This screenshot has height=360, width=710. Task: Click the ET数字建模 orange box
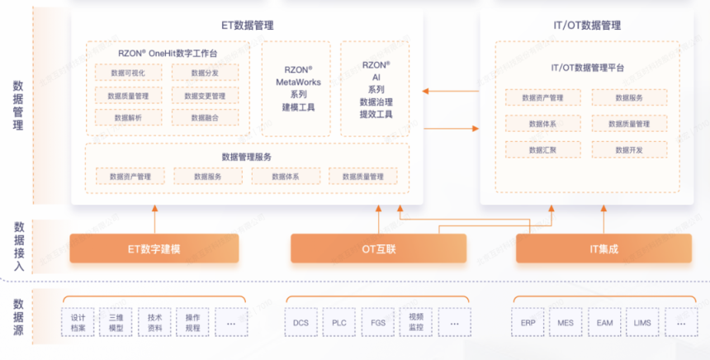tap(154, 249)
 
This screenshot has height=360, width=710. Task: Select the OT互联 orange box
tap(378, 249)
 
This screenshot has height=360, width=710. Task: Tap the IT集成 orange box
tap(602, 249)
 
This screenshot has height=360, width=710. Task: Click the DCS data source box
tap(300, 322)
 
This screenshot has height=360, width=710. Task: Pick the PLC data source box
tap(338, 322)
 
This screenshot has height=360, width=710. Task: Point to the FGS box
tap(377, 322)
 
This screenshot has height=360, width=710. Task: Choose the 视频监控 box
tap(415, 322)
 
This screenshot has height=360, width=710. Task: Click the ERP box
tap(528, 322)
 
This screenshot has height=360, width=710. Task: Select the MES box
tap(566, 322)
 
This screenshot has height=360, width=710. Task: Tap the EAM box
tap(603, 322)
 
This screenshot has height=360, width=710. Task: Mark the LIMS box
tap(642, 322)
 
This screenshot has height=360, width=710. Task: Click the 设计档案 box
tap(78, 322)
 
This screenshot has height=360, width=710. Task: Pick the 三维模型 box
tap(116, 322)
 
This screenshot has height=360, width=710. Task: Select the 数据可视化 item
tap(129, 73)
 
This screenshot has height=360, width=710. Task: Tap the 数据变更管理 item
tap(206, 96)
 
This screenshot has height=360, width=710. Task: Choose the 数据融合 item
tap(206, 118)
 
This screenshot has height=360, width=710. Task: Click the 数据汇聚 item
tap(542, 149)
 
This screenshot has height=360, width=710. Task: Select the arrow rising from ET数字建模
tap(154, 219)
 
